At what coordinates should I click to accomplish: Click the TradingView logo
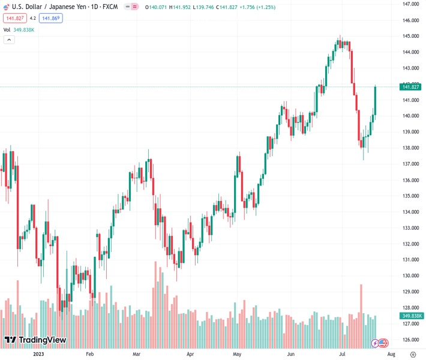point(35,340)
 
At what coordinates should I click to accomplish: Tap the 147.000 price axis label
point(410,4)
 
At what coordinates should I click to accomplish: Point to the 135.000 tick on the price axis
point(410,196)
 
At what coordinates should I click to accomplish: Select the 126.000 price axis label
point(410,340)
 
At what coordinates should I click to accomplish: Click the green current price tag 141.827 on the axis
point(411,87)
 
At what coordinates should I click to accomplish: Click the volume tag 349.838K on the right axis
point(411,316)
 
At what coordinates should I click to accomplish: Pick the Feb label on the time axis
point(90,354)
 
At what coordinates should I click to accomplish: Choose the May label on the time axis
point(237,354)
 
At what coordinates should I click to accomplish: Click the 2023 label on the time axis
point(38,354)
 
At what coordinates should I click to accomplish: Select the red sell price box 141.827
point(14,18)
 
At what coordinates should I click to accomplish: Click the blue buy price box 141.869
point(51,18)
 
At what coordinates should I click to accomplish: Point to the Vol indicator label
point(7,29)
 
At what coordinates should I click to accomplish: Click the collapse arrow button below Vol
point(9,40)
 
